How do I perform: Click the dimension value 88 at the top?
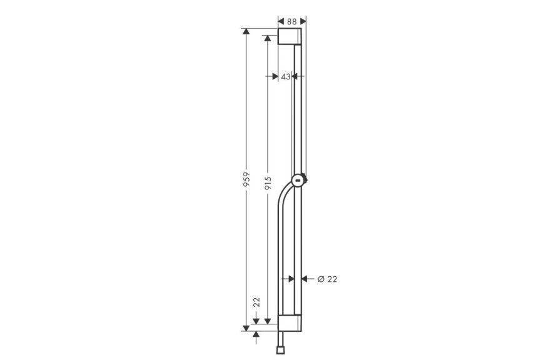click(x=291, y=22)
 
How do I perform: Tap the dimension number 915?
click(x=268, y=184)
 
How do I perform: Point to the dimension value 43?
click(x=285, y=76)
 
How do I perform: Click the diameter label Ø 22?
click(x=327, y=279)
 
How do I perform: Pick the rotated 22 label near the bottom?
click(x=256, y=302)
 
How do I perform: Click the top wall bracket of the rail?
click(x=290, y=36)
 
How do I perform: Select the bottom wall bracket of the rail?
click(x=290, y=322)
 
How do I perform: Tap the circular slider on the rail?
click(x=298, y=181)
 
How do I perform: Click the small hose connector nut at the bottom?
click(x=280, y=350)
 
